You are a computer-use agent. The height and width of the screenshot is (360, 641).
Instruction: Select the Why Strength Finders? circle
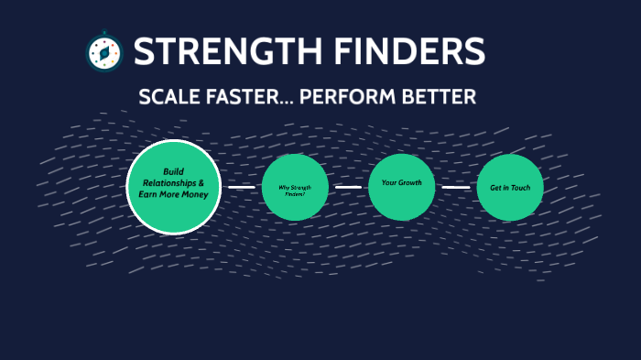tap(295, 188)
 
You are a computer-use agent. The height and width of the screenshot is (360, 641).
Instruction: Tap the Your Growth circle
tap(401, 187)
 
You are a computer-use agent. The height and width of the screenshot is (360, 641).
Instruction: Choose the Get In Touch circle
tap(510, 188)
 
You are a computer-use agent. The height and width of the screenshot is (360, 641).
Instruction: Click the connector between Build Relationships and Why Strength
tap(241, 188)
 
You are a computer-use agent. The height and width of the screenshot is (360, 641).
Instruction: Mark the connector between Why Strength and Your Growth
tap(348, 187)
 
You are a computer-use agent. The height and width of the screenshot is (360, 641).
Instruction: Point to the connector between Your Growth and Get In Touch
tap(456, 188)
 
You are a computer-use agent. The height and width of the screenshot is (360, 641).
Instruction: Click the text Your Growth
tap(401, 182)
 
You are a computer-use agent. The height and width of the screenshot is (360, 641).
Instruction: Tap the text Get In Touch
tap(510, 188)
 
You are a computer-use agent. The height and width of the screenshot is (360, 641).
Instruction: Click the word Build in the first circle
tap(174, 171)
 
